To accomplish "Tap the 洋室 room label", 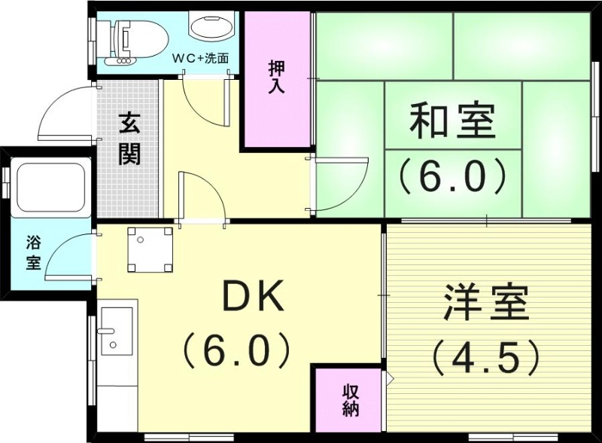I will (485, 303).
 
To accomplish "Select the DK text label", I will (251, 298).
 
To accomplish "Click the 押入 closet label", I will (276, 77).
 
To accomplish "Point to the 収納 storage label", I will (351, 401).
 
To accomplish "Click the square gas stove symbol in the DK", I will (150, 249).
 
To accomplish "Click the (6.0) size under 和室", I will (452, 176).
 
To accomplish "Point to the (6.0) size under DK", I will (236, 348).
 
